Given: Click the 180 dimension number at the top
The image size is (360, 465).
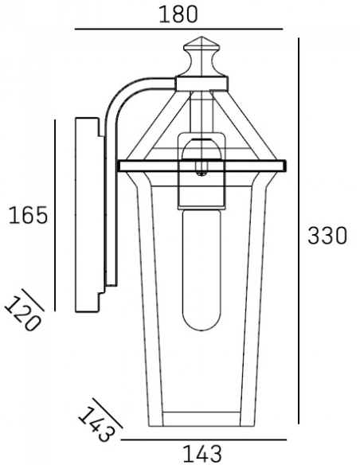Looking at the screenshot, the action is coord(178,14).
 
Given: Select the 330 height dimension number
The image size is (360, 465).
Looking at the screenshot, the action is coord(327,236).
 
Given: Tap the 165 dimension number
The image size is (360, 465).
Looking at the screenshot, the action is coord(28,215).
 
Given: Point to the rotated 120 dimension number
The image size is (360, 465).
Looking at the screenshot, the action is coord(23,315).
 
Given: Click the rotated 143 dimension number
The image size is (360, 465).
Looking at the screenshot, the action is coord(96,424).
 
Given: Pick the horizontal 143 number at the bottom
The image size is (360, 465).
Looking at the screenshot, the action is coord(202,454).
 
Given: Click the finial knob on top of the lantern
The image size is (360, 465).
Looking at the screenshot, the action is coord(202,57).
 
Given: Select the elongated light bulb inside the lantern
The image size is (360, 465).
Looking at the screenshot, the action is coord(202,270).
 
